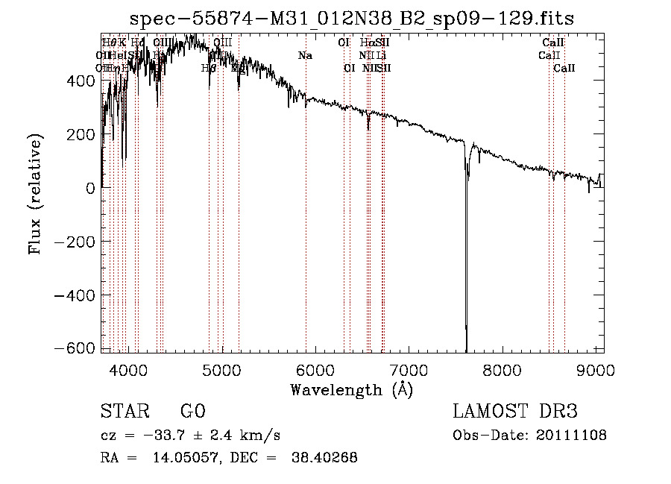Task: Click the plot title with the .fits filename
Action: pos(352,19)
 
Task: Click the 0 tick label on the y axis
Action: pos(91,188)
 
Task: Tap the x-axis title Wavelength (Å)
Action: pos(352,389)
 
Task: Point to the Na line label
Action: pos(305,55)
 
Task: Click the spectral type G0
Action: pos(193,412)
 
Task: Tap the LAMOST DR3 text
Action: pos(515,412)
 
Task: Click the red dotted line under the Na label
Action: pos(306,224)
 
